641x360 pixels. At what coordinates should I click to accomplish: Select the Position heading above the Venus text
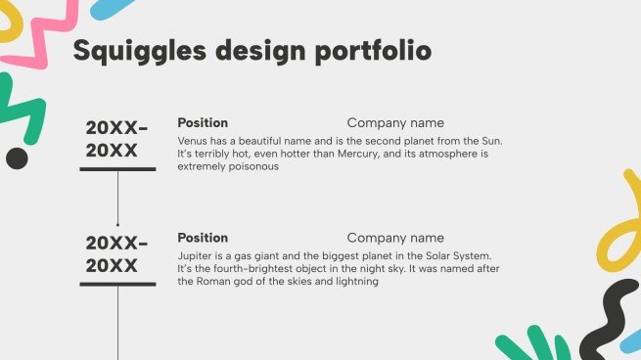pyautogui.click(x=203, y=123)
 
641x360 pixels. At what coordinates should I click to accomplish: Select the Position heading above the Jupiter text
pyautogui.click(x=203, y=238)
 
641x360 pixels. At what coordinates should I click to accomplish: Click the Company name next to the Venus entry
pyautogui.click(x=395, y=123)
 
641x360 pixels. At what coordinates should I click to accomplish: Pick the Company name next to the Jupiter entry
pyautogui.click(x=395, y=238)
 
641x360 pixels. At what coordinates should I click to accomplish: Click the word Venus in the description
pyautogui.click(x=194, y=140)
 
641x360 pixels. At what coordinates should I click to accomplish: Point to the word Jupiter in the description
pyautogui.click(x=197, y=254)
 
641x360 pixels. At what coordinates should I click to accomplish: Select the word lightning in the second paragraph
pyautogui.click(x=353, y=281)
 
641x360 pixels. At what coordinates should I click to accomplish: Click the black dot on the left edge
pyautogui.click(x=17, y=157)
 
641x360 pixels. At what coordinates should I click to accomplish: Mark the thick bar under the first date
pyautogui.click(x=117, y=169)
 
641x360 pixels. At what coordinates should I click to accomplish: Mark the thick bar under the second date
pyautogui.click(x=117, y=284)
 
